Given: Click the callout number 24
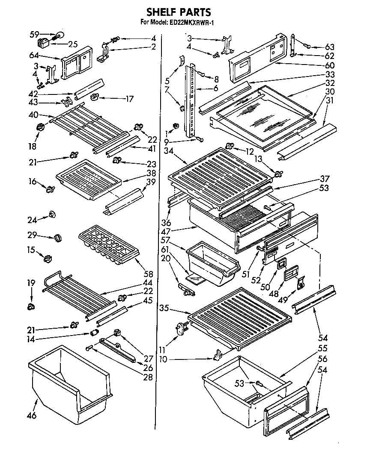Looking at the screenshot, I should tap(33, 221).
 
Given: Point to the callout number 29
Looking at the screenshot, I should tap(33, 235).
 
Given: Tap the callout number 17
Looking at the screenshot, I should tap(129, 99).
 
